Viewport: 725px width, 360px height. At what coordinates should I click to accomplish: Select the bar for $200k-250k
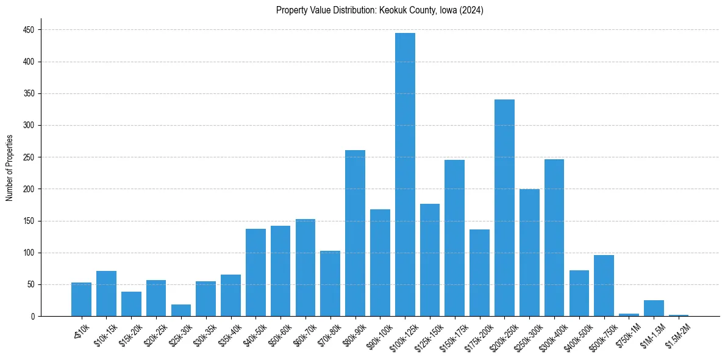pyautogui.click(x=504, y=207)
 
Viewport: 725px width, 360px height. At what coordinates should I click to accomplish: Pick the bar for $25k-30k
pyautogui.click(x=181, y=310)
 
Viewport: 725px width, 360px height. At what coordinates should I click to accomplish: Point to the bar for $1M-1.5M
pyautogui.click(x=654, y=308)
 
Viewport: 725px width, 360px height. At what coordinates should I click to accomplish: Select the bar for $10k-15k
pyautogui.click(x=106, y=293)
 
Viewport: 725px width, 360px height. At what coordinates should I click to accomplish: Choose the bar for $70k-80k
pyautogui.click(x=330, y=283)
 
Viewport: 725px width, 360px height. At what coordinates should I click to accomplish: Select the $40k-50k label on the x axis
pyautogui.click(x=254, y=335)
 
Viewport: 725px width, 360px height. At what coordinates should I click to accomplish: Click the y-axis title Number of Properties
pyautogui.click(x=9, y=168)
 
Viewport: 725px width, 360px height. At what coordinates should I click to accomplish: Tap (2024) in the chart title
pyautogui.click(x=473, y=10)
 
